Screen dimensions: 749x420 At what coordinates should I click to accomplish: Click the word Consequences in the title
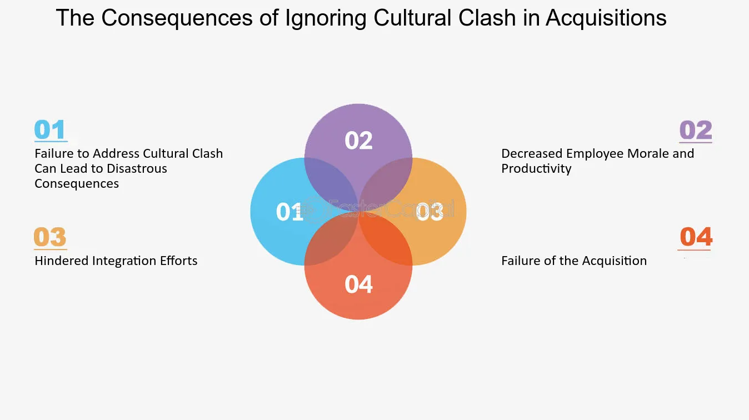pos(177,18)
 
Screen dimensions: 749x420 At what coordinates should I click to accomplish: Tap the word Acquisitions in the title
pos(606,18)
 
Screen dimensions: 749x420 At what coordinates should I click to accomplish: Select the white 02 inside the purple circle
pos(358,141)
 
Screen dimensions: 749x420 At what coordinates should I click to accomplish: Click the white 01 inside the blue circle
pos(289,212)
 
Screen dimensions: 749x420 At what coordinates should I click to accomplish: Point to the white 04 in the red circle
pos(358,284)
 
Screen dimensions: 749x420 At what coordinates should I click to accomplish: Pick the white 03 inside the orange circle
pos(430,212)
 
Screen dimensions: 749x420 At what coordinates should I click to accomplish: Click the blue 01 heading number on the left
pos(50,130)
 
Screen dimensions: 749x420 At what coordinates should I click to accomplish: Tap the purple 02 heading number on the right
pos(696,131)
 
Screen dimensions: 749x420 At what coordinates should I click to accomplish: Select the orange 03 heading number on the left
pos(50,237)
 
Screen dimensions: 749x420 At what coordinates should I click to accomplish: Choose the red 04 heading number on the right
pos(696,237)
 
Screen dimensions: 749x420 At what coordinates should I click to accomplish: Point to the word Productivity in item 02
pos(536,168)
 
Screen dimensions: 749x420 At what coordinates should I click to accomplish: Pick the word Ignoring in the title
pos(326,19)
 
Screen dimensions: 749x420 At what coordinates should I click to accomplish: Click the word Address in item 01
pos(116,153)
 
